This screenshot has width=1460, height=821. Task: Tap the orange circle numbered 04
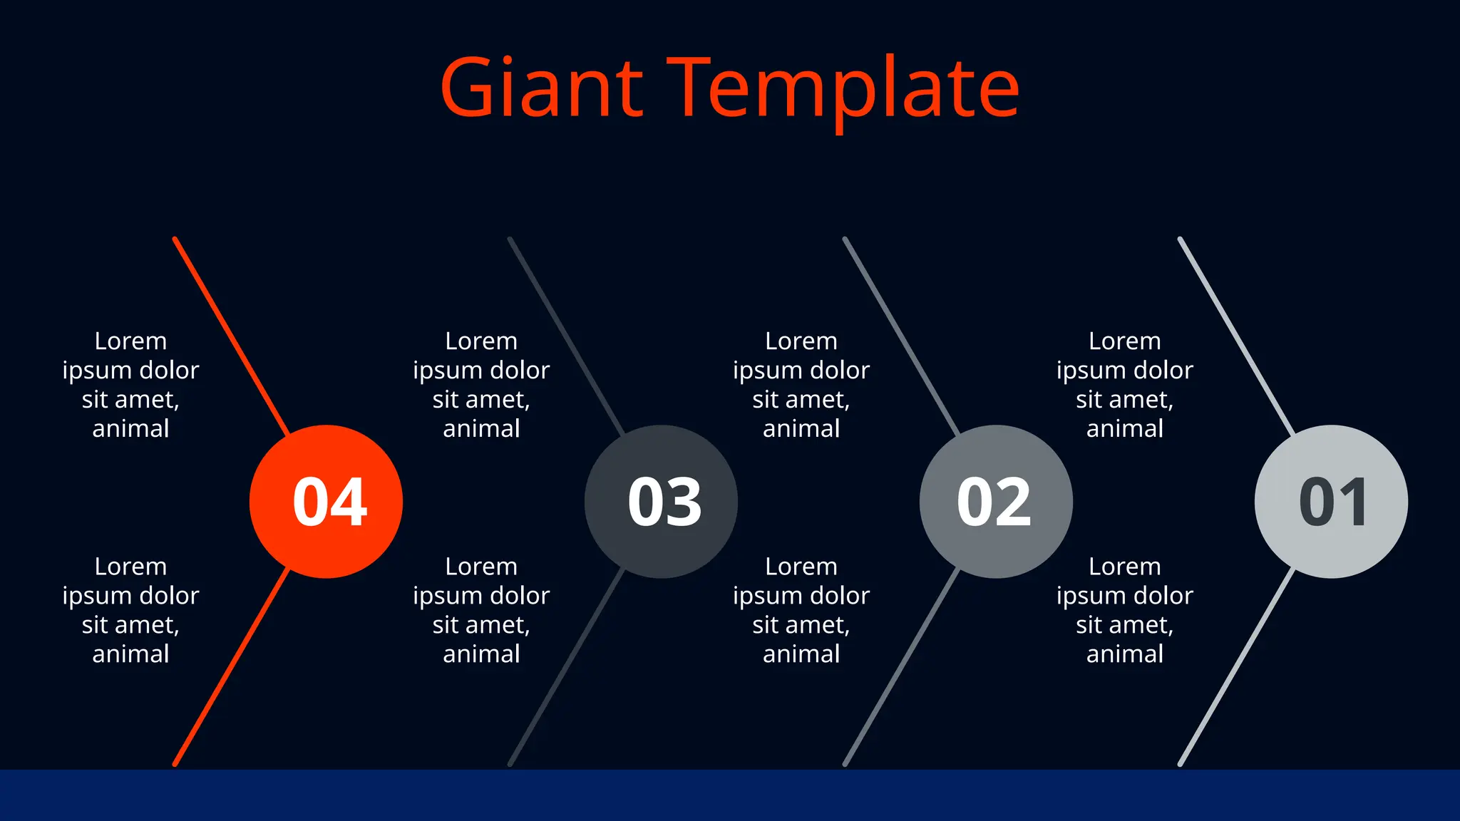pyautogui.click(x=327, y=502)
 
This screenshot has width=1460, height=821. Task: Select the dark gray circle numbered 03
pyautogui.click(x=662, y=502)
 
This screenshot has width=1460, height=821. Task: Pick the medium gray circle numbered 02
pyautogui.click(x=996, y=502)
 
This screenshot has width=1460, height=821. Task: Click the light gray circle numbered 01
pyautogui.click(x=1331, y=502)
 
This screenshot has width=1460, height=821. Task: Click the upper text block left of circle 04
pyautogui.click(x=130, y=385)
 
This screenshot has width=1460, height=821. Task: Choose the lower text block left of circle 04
pyautogui.click(x=130, y=610)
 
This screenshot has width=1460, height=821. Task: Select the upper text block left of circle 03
pyautogui.click(x=481, y=385)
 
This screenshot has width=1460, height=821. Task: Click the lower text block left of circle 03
pyautogui.click(x=481, y=610)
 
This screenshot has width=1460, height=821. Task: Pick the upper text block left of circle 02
pyautogui.click(x=801, y=385)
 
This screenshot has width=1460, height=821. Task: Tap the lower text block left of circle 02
pyautogui.click(x=801, y=610)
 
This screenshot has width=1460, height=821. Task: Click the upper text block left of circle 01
pyautogui.click(x=1124, y=385)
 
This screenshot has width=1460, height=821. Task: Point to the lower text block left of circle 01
pyautogui.click(x=1124, y=610)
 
